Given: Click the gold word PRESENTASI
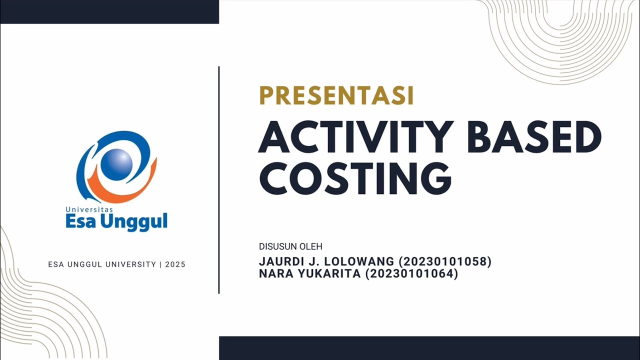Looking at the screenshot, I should point(336,95).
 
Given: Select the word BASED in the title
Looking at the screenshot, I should point(533,137).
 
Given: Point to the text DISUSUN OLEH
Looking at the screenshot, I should point(290,246).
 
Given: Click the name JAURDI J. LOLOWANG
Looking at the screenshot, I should point(326,261).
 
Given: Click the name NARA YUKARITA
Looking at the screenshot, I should point(309,274).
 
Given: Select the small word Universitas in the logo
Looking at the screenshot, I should point(89,209).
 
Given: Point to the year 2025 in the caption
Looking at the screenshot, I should point(175,264).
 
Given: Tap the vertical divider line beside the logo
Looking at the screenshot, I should point(219,180).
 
